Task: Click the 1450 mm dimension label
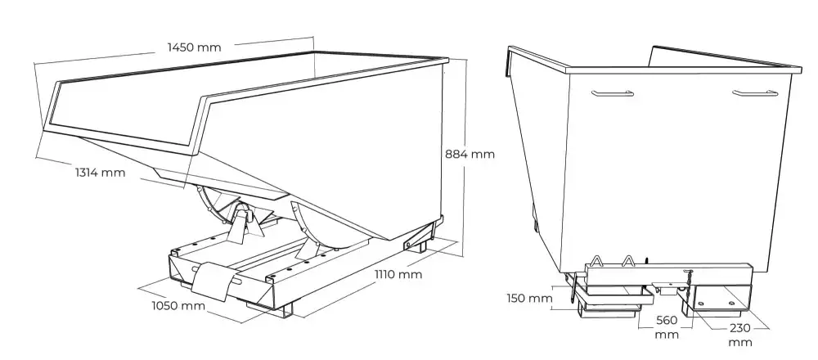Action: pos(194,47)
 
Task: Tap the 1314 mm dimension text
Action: pos(100,172)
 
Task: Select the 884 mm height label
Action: pos(470,154)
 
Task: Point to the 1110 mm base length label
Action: pos(398,274)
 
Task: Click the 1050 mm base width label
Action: pos(178,306)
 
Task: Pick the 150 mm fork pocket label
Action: pos(529,299)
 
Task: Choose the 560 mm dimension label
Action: pos(667,327)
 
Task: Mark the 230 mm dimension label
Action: pos(741,335)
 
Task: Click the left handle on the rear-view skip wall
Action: pos(613,93)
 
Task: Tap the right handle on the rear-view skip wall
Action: pos(755,93)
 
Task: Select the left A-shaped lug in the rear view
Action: pos(596,260)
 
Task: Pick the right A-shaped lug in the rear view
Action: pos(628,260)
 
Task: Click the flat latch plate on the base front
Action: pos(211,280)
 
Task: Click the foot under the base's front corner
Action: pos(286,309)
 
